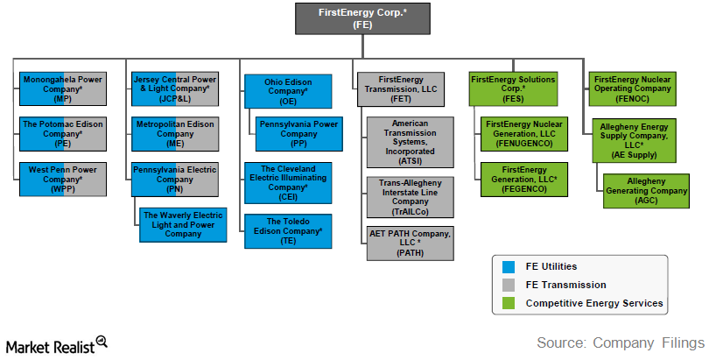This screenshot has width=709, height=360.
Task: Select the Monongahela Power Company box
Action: point(62,88)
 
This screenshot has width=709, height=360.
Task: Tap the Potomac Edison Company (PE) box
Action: point(62,134)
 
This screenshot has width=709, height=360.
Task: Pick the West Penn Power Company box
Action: point(62,178)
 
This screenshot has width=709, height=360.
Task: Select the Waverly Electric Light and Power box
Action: point(183,224)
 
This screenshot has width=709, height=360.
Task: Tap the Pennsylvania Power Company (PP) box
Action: point(296,134)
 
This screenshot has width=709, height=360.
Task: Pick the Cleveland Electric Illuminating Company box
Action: point(288,182)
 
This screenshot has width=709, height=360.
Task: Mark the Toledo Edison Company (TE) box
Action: point(288,229)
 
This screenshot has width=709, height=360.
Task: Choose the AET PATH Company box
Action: point(411,243)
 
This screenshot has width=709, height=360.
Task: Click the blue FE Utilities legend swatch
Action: point(509,266)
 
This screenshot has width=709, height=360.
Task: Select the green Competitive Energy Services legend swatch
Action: point(509,304)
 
